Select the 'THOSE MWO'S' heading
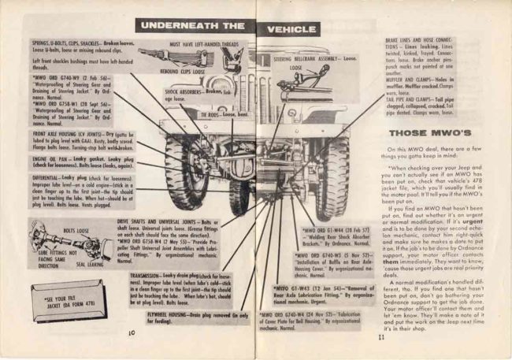[419, 132]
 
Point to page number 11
[379, 337]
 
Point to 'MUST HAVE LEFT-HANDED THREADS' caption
[205, 45]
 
